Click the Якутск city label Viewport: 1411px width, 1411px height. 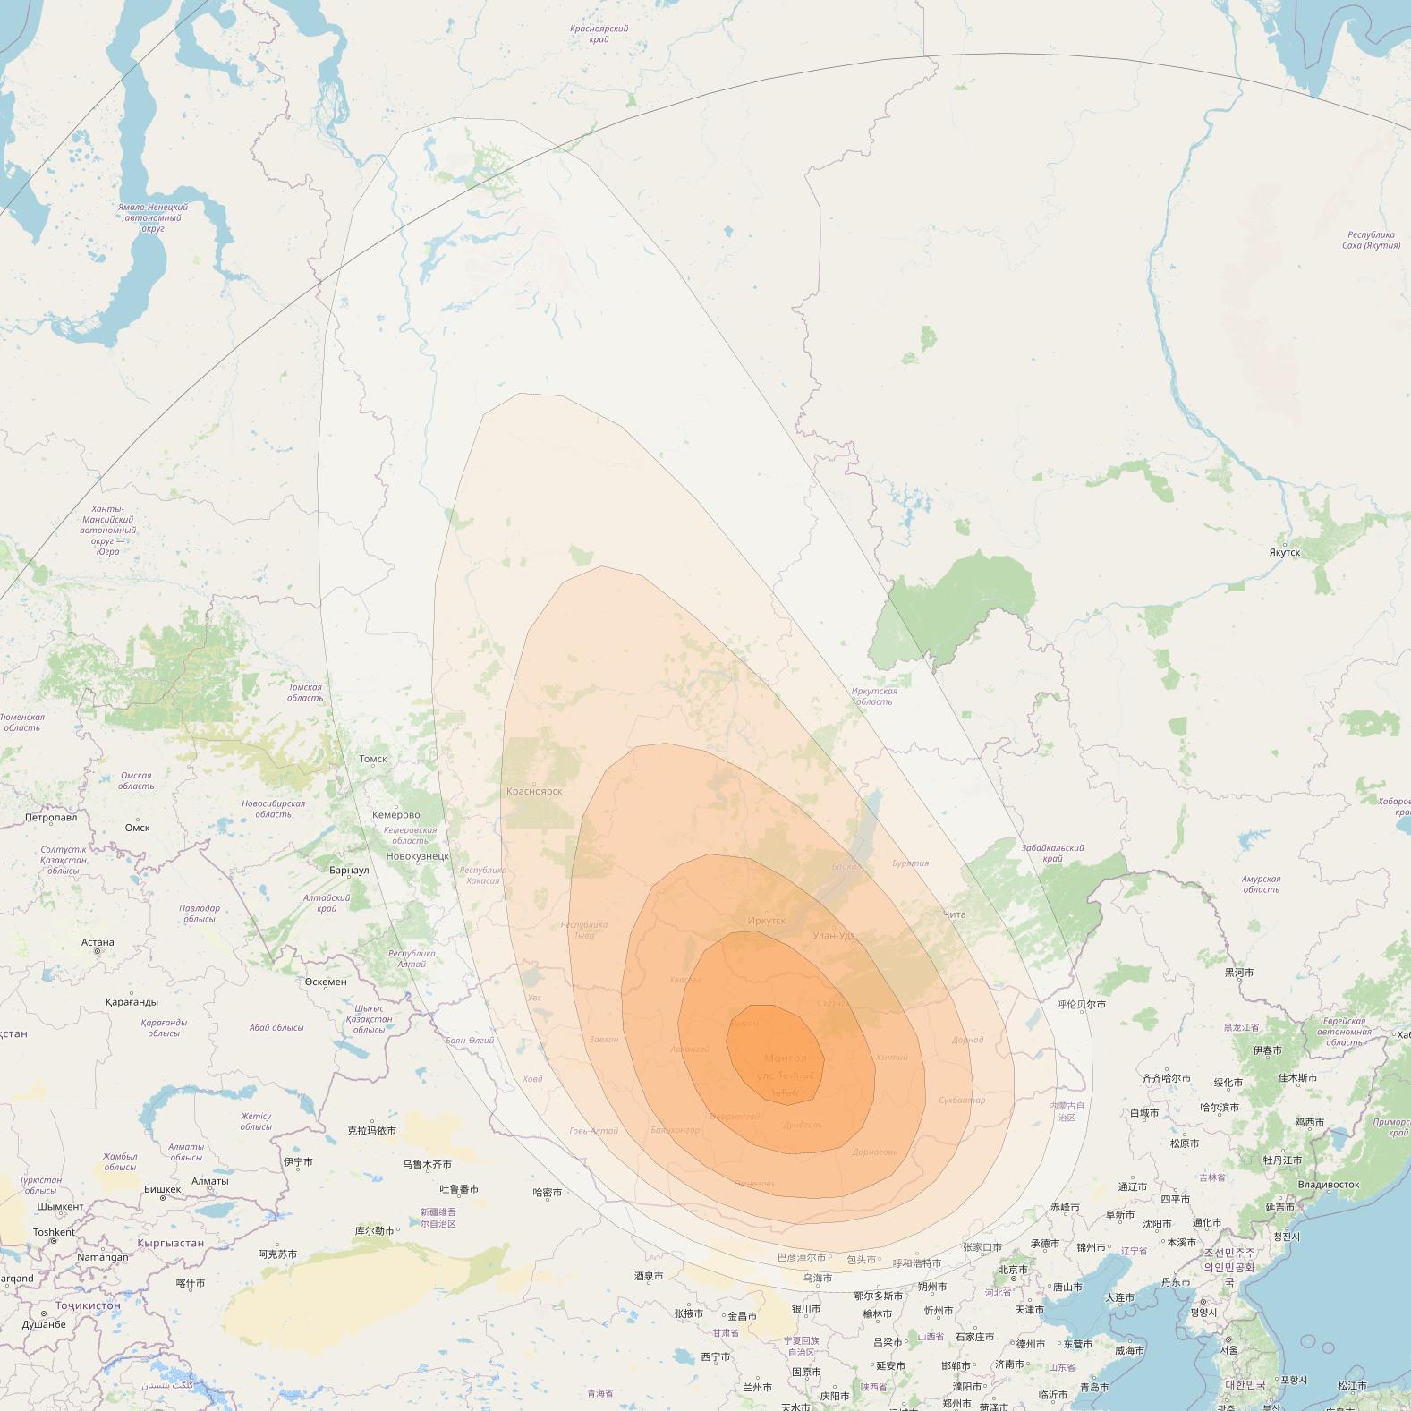click(1284, 552)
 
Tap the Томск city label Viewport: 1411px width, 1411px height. click(373, 759)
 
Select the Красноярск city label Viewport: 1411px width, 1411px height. click(534, 791)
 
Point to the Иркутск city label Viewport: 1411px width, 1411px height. click(766, 921)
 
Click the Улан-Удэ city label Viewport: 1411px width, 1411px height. click(834, 936)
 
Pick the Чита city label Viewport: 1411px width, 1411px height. click(955, 914)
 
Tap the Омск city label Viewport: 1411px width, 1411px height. click(137, 828)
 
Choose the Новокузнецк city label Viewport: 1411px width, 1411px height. click(418, 856)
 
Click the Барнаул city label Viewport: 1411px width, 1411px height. click(349, 871)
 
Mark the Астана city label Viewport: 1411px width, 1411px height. click(98, 942)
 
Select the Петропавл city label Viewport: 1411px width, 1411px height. click(51, 817)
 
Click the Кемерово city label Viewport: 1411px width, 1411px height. click(395, 815)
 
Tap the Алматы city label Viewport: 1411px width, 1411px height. click(210, 1181)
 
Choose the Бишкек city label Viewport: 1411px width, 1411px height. click(162, 1190)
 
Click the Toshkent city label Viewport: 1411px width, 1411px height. click(54, 1232)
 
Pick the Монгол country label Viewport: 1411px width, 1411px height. click(785, 1058)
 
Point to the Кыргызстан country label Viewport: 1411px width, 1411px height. click(170, 1243)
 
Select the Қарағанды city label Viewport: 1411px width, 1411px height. click(132, 1002)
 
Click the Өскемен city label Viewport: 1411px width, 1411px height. click(326, 982)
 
